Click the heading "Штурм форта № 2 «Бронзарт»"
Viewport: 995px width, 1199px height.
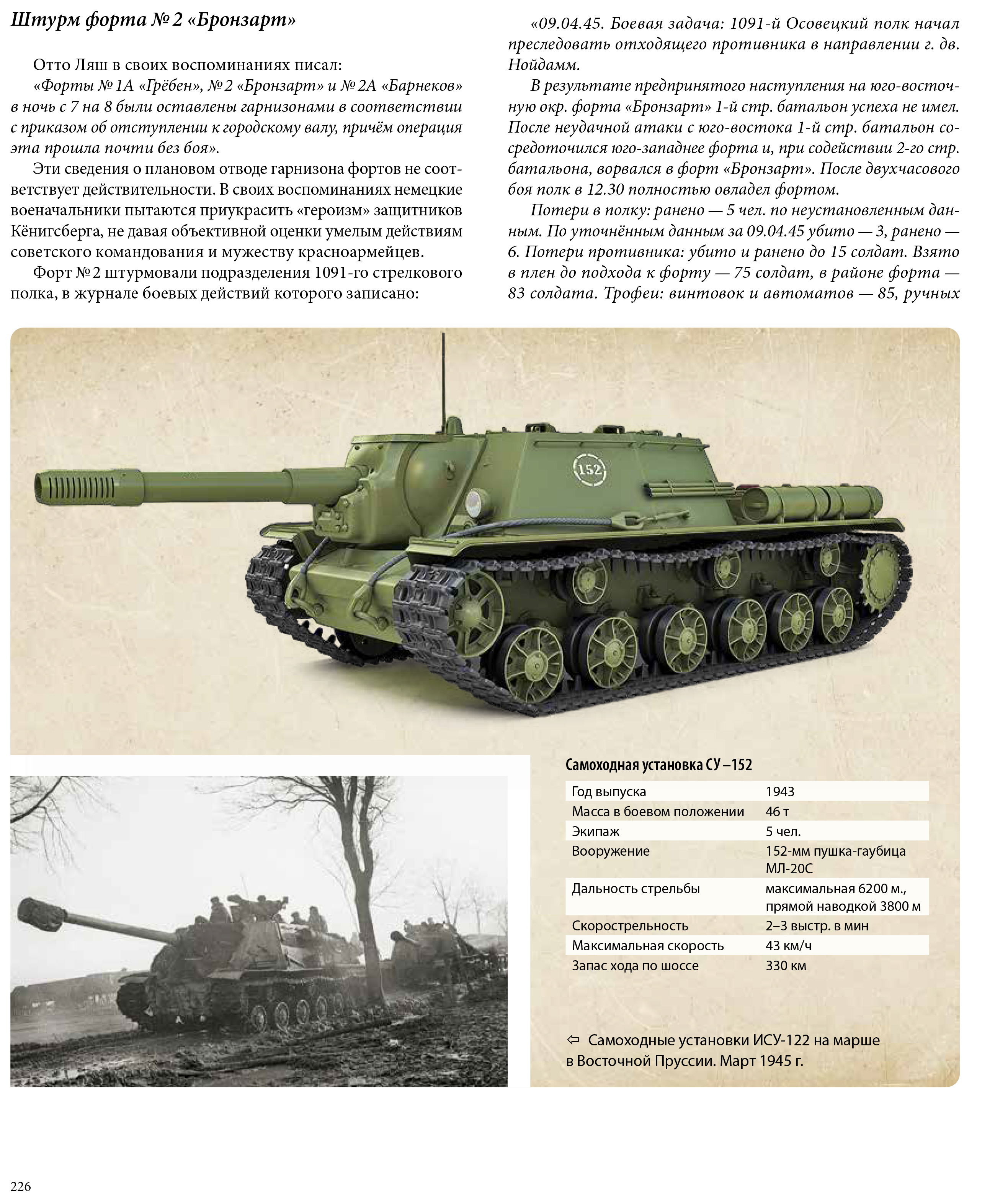(153, 21)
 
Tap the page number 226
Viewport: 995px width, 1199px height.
(21, 1186)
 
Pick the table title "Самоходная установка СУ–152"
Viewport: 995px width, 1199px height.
(658, 764)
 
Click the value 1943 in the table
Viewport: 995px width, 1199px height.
(780, 791)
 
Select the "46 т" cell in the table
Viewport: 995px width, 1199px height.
(777, 811)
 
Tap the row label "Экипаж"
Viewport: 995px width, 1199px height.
(596, 831)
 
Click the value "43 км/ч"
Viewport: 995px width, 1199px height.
(788, 945)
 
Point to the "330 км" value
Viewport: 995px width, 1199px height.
(786, 966)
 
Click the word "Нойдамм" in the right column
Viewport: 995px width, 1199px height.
(542, 65)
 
